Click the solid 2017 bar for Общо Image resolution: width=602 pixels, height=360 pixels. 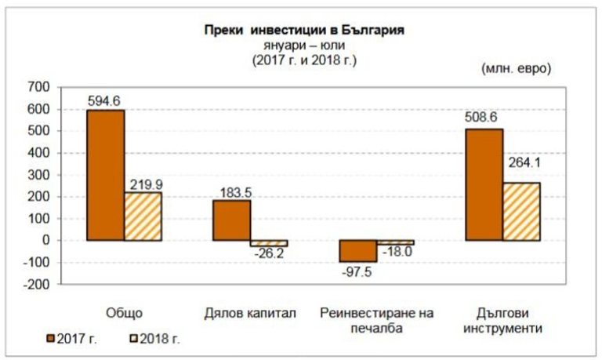pos(105,175)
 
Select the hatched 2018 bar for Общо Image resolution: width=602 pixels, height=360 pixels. pos(143,216)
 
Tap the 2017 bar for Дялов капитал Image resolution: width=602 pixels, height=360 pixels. pos(231,220)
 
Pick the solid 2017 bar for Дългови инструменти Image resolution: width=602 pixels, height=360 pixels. pos(484,184)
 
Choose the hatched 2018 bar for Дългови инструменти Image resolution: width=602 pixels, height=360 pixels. pos(521,211)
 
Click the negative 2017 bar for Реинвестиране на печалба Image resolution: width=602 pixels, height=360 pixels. pos(357,251)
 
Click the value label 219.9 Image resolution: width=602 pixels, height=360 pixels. pos(143,182)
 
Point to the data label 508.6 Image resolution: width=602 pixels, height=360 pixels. pos(483,118)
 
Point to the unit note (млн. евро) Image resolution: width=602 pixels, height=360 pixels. pos(516,68)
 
